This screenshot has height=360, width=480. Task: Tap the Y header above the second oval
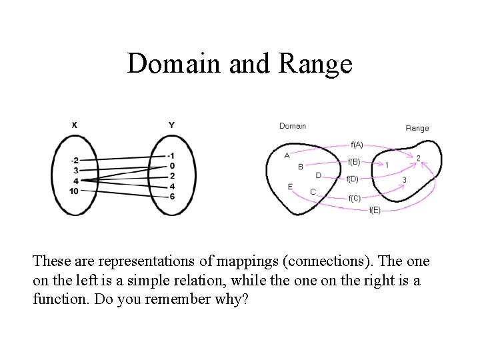point(171,125)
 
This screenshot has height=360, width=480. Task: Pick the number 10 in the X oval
point(73,191)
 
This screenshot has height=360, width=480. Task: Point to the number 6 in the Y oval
point(172,196)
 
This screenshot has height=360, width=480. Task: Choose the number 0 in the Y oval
point(172,166)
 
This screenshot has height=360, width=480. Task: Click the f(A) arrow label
point(357,144)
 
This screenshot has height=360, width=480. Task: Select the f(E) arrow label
point(375,210)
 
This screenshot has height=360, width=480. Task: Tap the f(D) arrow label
point(353,179)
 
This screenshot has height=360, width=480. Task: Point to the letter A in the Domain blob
point(287,155)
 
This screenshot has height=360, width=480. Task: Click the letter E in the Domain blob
point(290,187)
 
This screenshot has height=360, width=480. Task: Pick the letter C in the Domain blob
point(313,192)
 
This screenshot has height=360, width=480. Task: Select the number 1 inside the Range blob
point(387,165)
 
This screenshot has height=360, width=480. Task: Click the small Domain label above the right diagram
point(293,125)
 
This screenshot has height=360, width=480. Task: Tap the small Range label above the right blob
point(417,128)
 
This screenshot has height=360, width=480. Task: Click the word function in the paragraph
point(59,299)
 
